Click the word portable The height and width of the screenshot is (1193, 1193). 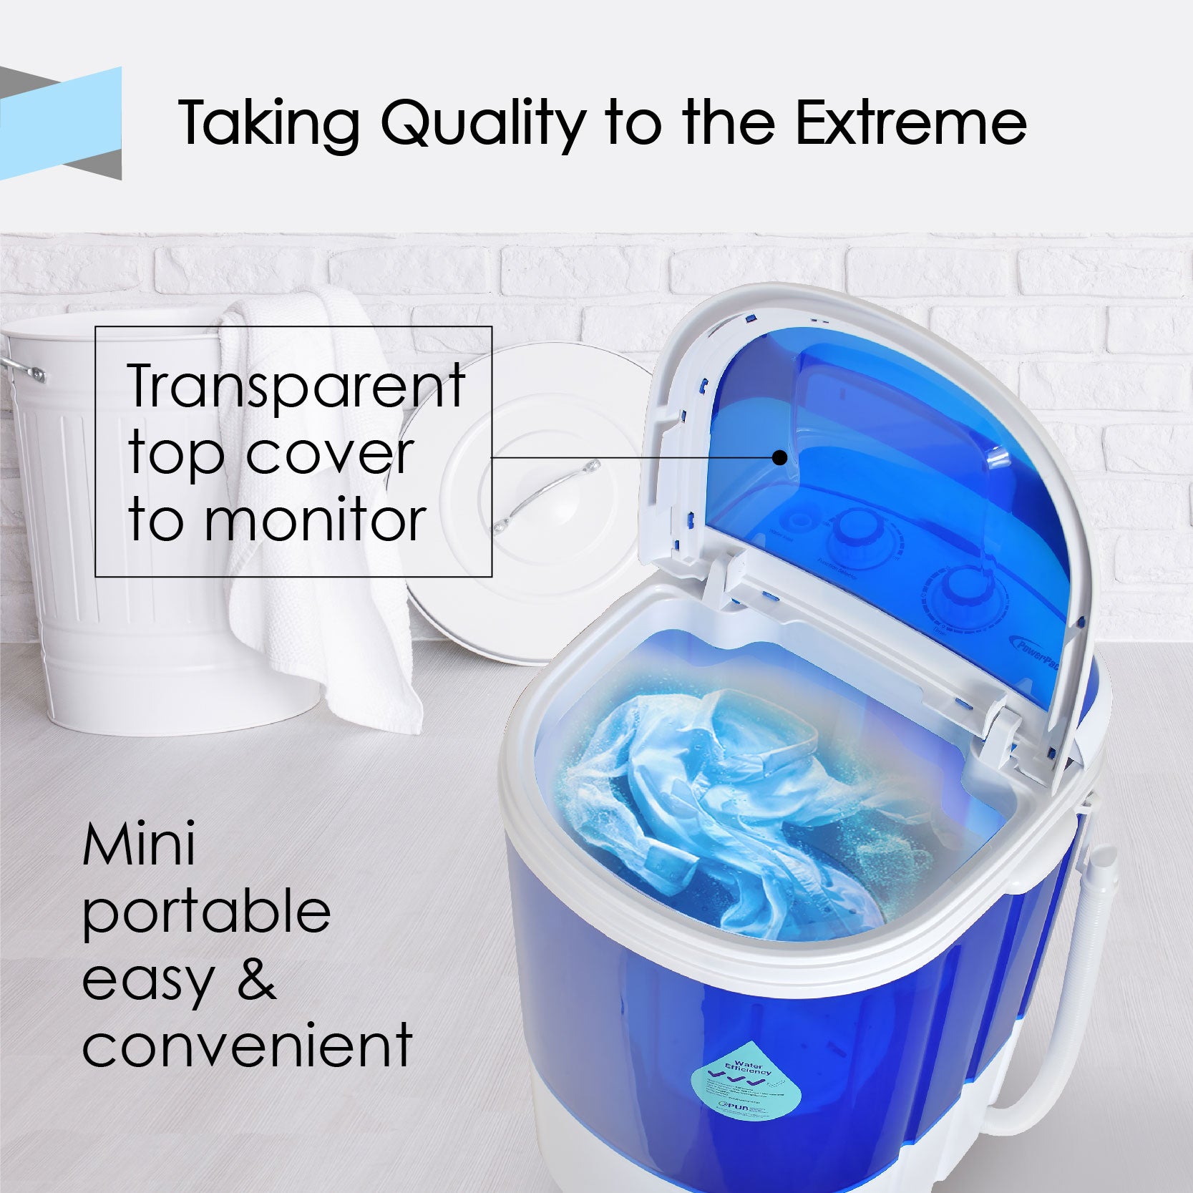[206, 912]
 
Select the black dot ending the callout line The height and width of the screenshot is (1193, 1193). [780, 457]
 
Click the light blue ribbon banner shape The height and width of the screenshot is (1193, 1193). [61, 122]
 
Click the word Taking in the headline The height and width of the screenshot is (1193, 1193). [268, 123]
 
